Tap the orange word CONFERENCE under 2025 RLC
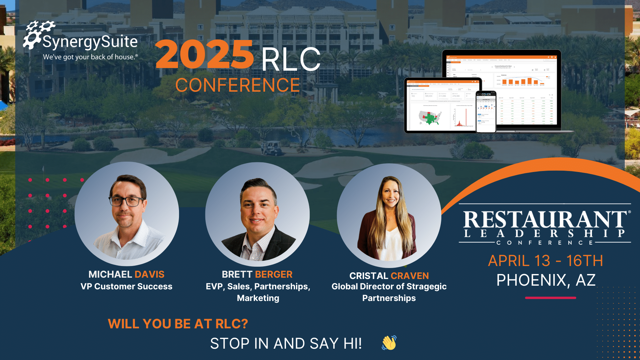tap(237, 85)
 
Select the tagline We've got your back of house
tap(90, 57)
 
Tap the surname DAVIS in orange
tap(149, 274)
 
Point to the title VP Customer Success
tap(126, 286)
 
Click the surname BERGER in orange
tap(273, 274)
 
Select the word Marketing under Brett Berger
tap(258, 298)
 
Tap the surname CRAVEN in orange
tap(410, 276)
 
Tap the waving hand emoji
tap(389, 343)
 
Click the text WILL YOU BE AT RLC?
tap(178, 324)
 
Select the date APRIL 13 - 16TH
tap(545, 261)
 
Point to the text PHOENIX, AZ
tap(546, 280)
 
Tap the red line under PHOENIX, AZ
tap(550, 298)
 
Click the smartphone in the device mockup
tap(486, 112)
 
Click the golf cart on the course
tap(272, 148)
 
